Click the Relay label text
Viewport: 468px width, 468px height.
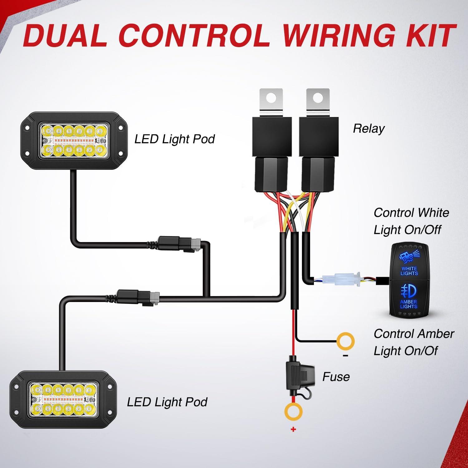[x=368, y=129]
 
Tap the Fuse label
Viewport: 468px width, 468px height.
[x=336, y=377]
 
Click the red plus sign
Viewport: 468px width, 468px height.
[x=293, y=430]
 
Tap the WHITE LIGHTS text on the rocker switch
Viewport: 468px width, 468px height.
[x=409, y=271]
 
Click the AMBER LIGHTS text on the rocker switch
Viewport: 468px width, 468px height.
[x=408, y=304]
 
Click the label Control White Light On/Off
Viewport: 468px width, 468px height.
[x=411, y=221]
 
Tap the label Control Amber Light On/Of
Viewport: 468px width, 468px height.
[x=413, y=342]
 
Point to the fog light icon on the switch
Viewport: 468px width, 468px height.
[x=408, y=290]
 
